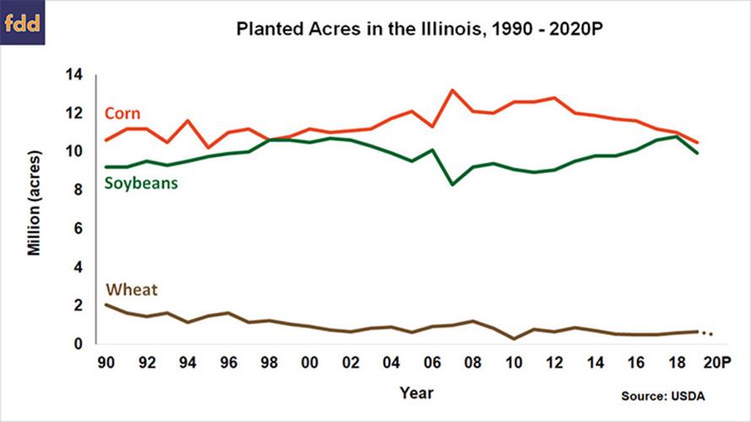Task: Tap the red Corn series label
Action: pos(122,113)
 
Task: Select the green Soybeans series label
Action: pos(140,183)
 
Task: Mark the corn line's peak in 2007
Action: pos(452,90)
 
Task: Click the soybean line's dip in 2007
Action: pos(452,184)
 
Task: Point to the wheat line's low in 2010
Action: pos(514,338)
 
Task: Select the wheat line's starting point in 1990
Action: pos(106,305)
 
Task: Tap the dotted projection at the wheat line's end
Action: pos(708,333)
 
